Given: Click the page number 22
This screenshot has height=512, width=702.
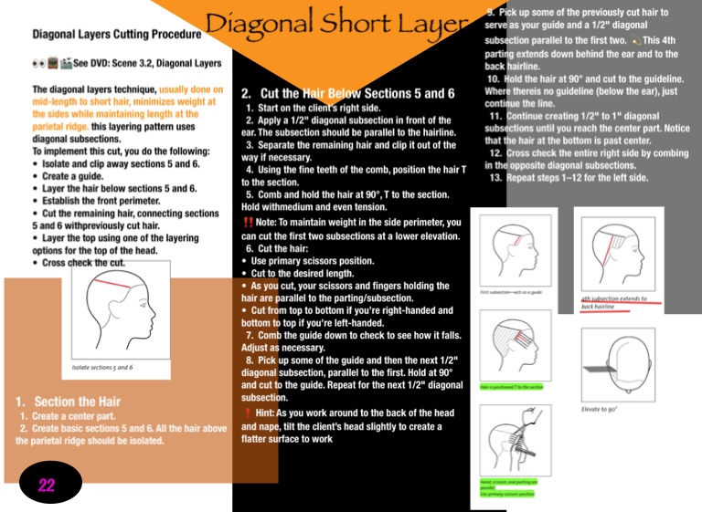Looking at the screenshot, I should (x=46, y=486).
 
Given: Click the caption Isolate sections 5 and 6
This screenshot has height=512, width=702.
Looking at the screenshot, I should (x=101, y=367).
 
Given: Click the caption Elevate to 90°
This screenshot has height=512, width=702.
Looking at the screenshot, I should (x=600, y=409).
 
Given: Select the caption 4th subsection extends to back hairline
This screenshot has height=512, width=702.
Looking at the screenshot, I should (x=613, y=302).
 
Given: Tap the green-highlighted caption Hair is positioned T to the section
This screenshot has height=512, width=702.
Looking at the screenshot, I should (x=511, y=387).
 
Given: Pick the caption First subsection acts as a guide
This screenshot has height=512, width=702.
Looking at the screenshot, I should (x=512, y=293).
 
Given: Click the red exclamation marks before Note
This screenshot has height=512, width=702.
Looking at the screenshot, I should (x=248, y=223).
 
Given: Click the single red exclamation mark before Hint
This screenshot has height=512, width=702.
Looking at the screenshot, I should (x=248, y=413).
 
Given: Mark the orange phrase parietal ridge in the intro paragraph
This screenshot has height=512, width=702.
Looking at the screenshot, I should (x=59, y=126).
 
